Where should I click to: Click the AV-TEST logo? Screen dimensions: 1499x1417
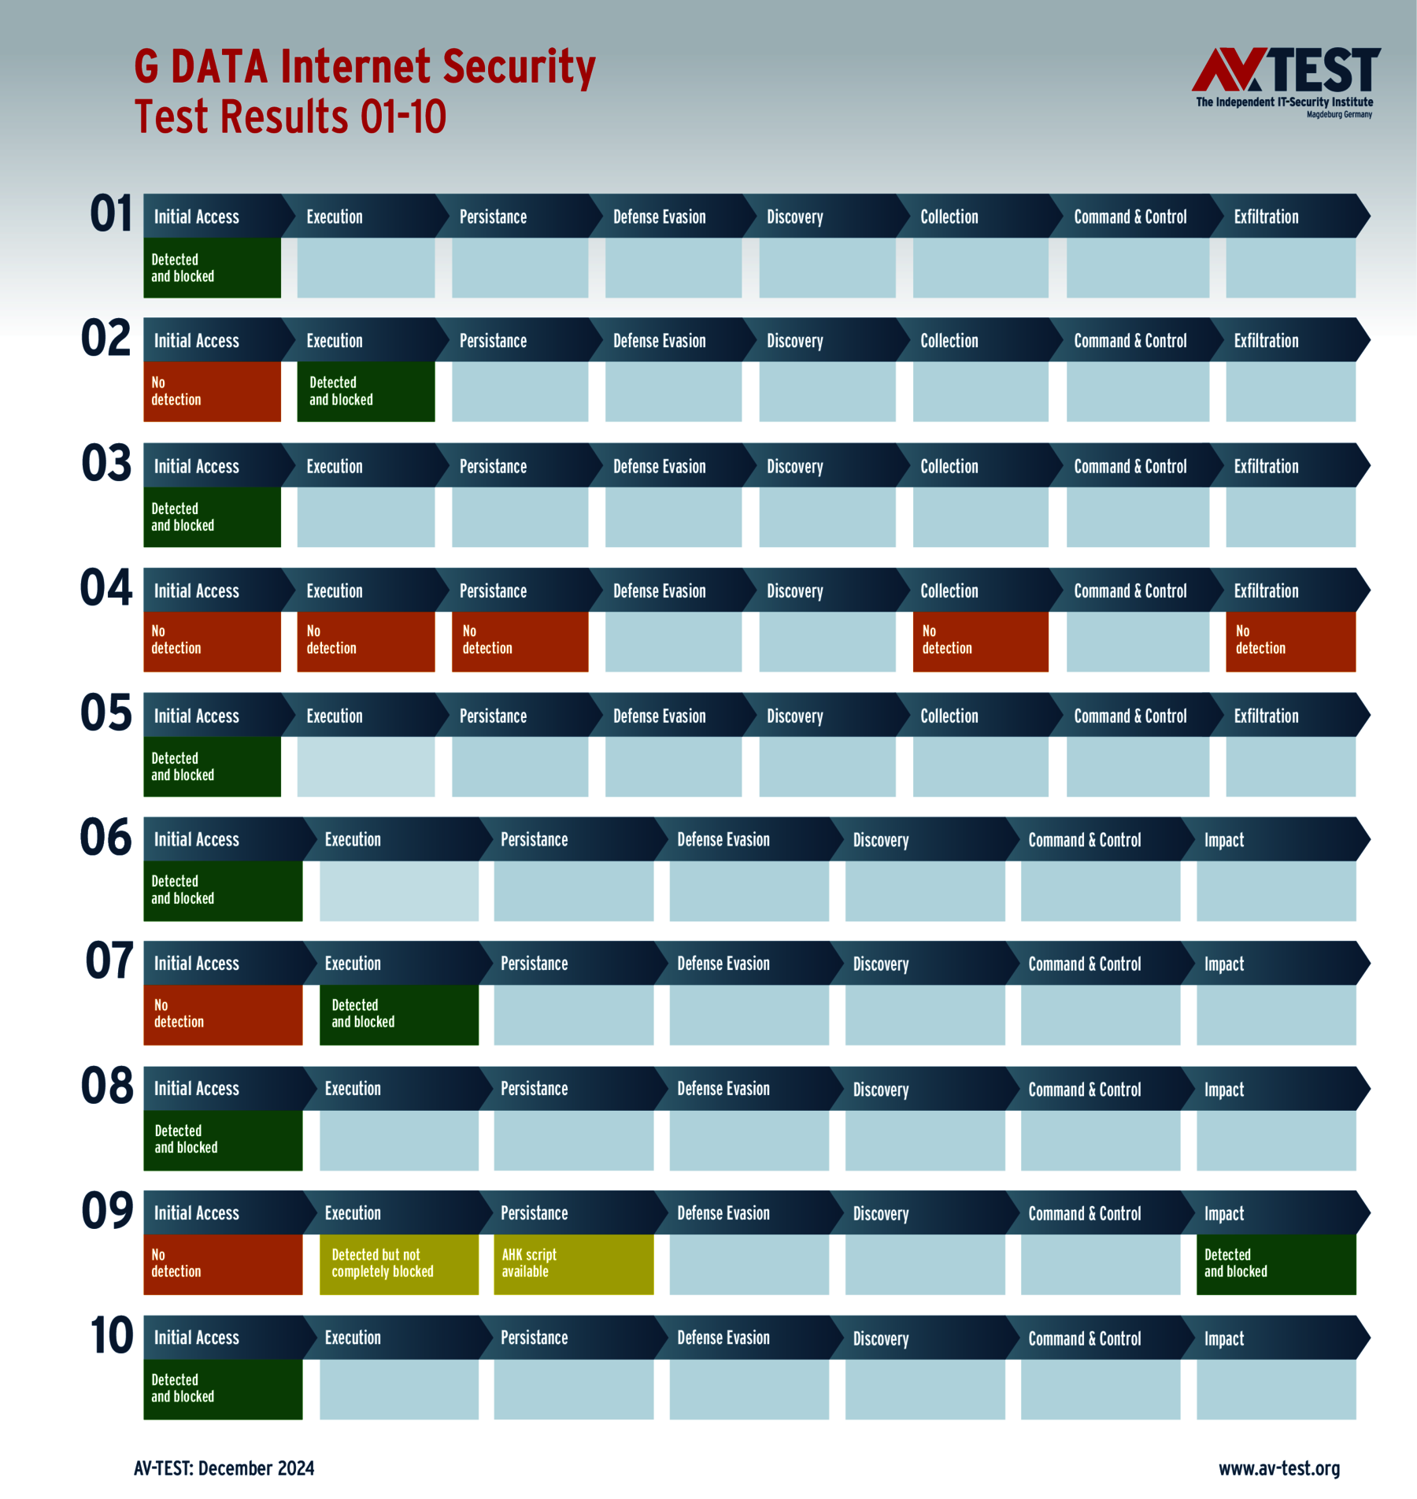[x=1285, y=82]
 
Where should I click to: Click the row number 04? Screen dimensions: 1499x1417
[x=106, y=589]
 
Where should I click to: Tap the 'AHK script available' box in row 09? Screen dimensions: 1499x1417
[x=573, y=1264]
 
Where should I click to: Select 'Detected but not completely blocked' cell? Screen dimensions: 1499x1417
[x=398, y=1264]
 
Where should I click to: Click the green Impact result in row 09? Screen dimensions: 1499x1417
[x=1275, y=1264]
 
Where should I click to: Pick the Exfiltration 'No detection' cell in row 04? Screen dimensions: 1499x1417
[x=1290, y=641]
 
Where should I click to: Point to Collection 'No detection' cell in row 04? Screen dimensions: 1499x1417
[x=980, y=641]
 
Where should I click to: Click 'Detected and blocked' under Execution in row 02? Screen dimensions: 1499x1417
[x=365, y=391]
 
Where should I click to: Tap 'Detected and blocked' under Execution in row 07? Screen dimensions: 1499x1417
[x=398, y=1014]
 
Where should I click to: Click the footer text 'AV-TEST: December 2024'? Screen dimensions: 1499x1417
[x=224, y=1468]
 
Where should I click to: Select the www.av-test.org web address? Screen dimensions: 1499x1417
[x=1278, y=1468]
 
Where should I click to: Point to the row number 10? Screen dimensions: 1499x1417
[x=111, y=1336]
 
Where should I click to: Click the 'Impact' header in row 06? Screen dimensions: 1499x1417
[x=1224, y=840]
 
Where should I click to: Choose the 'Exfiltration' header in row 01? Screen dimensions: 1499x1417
[x=1266, y=217]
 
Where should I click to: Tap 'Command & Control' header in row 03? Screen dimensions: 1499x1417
[x=1130, y=466]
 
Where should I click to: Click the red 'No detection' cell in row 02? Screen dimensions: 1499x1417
[x=212, y=391]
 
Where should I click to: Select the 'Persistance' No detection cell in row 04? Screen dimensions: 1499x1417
[x=520, y=641]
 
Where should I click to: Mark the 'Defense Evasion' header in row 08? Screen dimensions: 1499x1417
[x=723, y=1089]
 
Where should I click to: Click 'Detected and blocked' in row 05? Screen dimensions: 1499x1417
[x=212, y=766]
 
